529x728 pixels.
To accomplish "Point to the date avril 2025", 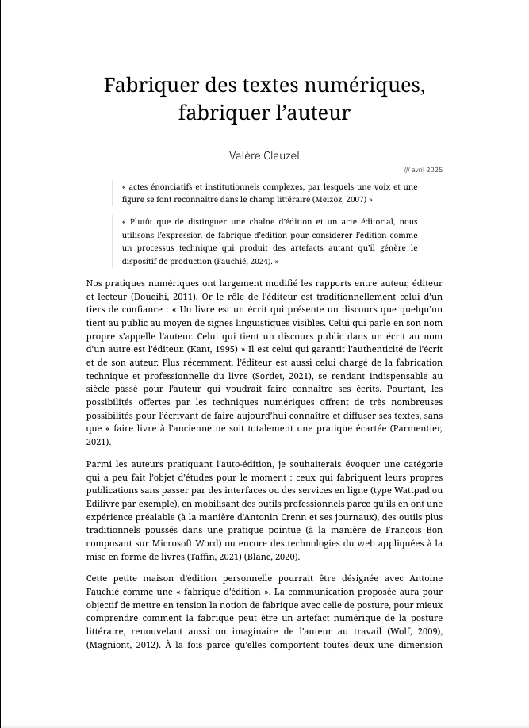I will point(426,170).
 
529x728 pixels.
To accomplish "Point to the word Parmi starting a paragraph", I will point(98,462).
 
